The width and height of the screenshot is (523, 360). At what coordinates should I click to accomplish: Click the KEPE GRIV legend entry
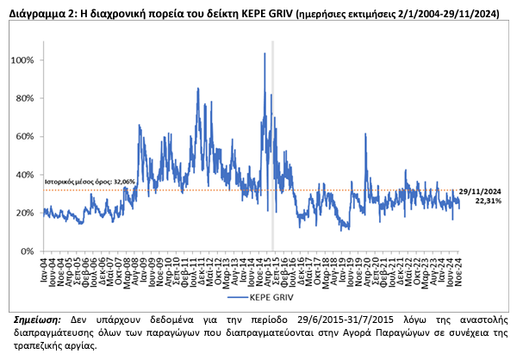(x=258, y=298)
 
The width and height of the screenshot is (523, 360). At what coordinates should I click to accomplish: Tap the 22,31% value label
(x=487, y=200)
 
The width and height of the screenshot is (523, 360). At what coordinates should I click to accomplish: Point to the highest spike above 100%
(x=264, y=53)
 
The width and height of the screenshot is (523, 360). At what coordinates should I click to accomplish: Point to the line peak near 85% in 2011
(x=198, y=89)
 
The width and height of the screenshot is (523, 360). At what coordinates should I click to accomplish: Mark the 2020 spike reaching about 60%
(x=366, y=134)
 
